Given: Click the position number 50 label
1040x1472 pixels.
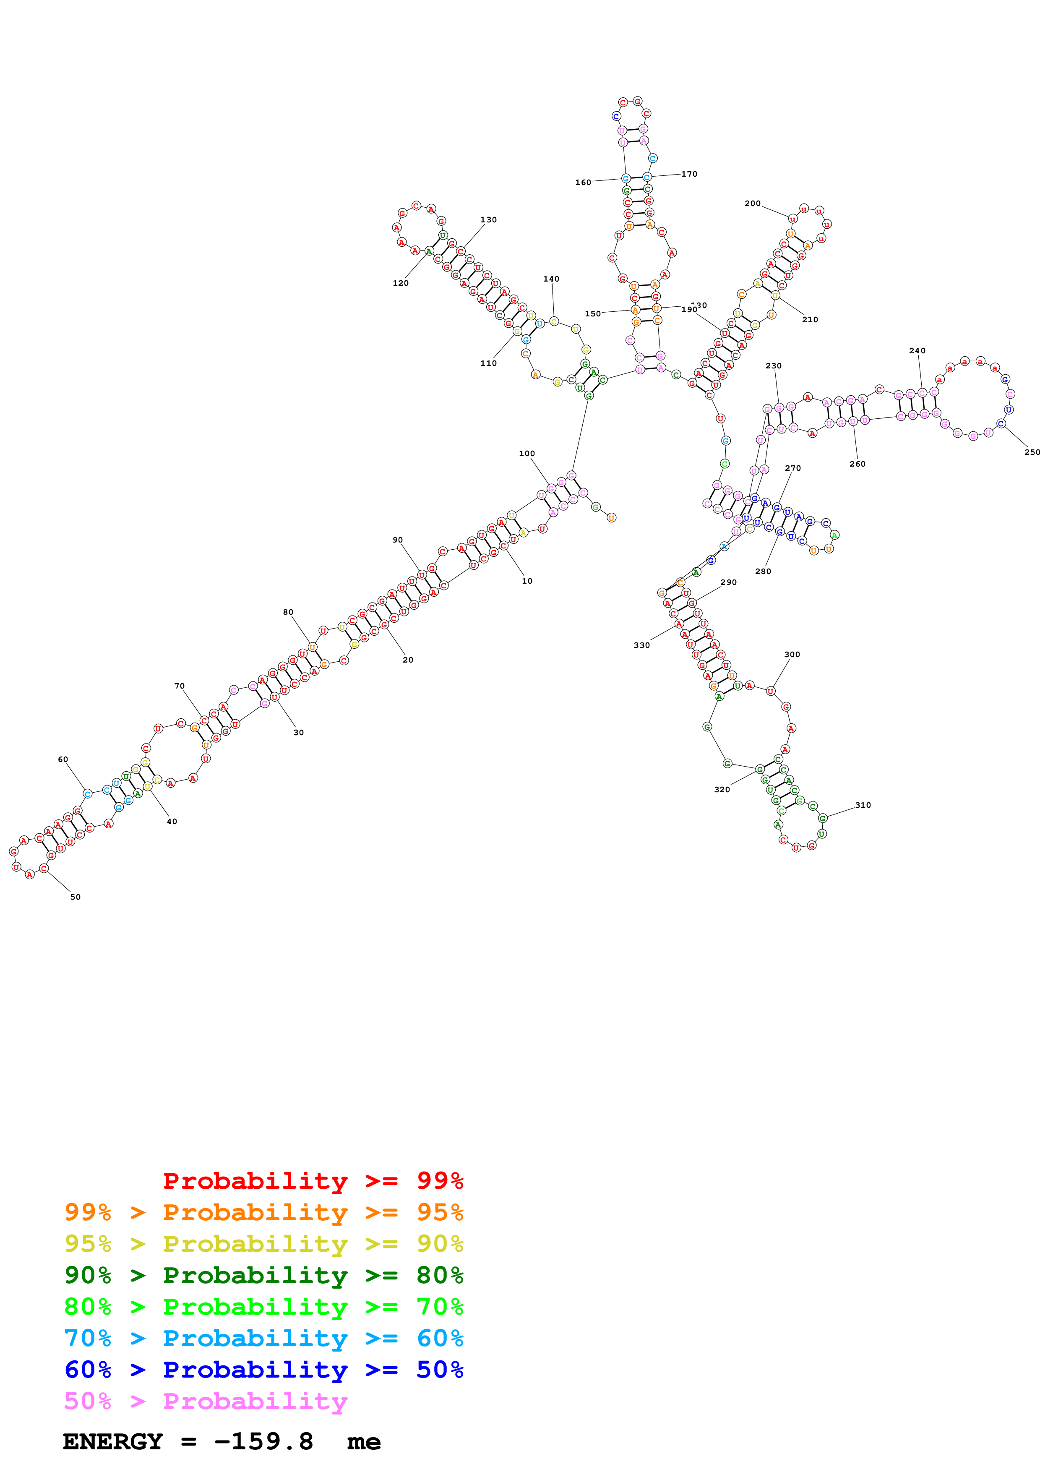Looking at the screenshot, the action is [x=76, y=897].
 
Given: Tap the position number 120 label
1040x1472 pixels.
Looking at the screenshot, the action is [x=401, y=283].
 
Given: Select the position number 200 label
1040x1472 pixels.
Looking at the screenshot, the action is [x=752, y=203].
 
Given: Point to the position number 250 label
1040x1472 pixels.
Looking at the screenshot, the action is [x=1032, y=452].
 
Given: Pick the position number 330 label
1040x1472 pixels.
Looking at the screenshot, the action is [x=641, y=645].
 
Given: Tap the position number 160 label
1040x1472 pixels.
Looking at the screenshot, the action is [x=583, y=182].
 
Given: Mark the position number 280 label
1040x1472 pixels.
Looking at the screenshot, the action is [x=763, y=571].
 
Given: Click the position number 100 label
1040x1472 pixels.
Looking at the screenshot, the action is [x=527, y=453].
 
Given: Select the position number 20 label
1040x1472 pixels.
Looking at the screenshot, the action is [x=407, y=660].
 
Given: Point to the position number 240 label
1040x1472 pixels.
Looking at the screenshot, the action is [x=917, y=351].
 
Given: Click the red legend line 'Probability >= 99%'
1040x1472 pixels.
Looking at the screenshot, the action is [x=313, y=1180].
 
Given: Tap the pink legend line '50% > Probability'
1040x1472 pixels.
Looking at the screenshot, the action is [x=206, y=1401].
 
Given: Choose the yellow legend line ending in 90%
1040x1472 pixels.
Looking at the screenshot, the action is [x=263, y=1244].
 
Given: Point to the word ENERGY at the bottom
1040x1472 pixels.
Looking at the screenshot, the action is [x=113, y=1442].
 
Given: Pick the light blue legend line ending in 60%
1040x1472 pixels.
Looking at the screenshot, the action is [x=263, y=1338].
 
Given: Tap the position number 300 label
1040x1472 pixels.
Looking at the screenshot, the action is [x=792, y=655].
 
